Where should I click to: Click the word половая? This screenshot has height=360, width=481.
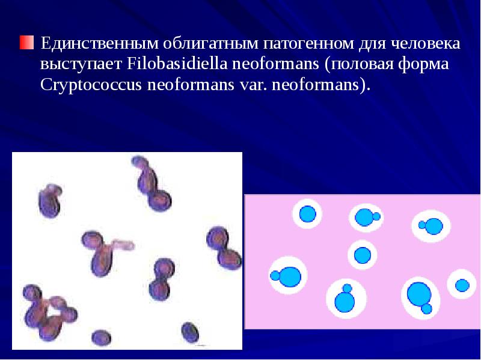(360, 64)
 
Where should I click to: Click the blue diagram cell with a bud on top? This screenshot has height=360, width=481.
(345, 301)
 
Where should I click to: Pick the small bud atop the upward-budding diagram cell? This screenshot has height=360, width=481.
(347, 288)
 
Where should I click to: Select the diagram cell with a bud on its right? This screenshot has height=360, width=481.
(364, 216)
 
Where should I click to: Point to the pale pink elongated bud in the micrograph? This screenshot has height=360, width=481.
(124, 246)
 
